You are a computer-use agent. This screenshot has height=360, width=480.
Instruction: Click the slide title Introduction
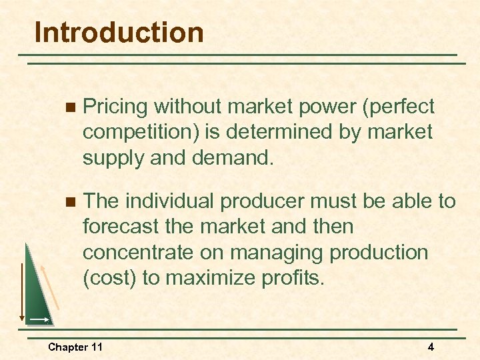(119, 33)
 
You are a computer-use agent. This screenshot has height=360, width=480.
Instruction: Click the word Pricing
(117, 107)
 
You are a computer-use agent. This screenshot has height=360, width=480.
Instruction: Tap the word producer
(272, 201)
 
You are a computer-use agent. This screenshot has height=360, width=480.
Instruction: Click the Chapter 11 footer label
(75, 347)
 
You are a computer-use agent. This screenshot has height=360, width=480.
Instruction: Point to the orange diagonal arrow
(51, 286)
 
